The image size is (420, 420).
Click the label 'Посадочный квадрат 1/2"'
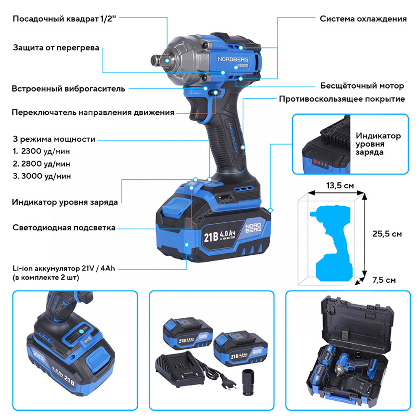(64, 19)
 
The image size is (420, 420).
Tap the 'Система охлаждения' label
(363, 19)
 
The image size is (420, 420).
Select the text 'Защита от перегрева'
(56, 47)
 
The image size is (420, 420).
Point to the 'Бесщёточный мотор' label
(362, 86)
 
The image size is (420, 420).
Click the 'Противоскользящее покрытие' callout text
(342, 99)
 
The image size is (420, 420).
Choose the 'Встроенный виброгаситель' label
(68, 89)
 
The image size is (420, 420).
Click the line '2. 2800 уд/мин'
(41, 163)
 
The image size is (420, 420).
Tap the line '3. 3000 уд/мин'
(41, 176)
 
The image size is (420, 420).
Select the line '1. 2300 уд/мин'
(41, 151)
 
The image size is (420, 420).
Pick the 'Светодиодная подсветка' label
(63, 228)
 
